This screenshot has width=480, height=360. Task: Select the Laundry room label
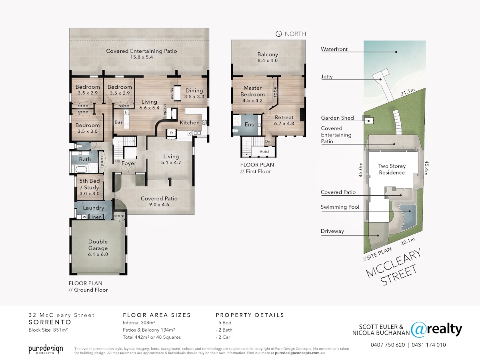pos(94,208)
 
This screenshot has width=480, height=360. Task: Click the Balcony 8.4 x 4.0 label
pos(268,57)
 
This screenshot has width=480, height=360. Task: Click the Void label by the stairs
pos(264,151)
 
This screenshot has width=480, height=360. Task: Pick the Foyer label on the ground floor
pos(129,164)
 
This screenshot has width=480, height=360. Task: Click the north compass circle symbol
pos(278,34)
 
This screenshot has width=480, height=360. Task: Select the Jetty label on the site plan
pos(327,77)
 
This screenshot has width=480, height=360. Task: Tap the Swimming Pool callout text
pos(340,207)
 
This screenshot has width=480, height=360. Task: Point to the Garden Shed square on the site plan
pos(369,120)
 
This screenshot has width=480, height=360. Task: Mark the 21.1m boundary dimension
pos(408,92)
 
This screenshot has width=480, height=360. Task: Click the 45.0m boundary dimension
pos(361,170)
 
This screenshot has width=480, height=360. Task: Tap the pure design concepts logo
pos(46,349)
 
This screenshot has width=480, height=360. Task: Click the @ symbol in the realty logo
pos(418,330)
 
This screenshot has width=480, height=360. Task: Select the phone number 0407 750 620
pos(388,345)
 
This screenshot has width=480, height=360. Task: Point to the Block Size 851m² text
pos(48,330)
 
